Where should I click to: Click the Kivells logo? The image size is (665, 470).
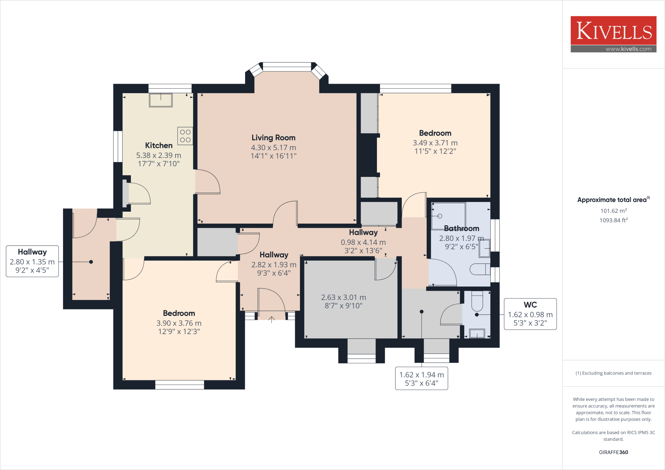point(613,31)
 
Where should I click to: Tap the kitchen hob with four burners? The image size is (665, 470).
point(185,136)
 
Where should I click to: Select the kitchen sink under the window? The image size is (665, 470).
point(161,100)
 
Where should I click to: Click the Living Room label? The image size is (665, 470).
point(273,138)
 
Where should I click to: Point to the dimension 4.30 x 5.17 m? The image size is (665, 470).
point(273,148)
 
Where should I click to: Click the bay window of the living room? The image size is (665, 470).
point(287,67)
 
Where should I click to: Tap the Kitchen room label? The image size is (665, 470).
point(159,145)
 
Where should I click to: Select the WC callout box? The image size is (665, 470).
point(530,314)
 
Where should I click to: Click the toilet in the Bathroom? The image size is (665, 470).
point(480,269)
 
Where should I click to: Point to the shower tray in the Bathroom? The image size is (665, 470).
point(448,215)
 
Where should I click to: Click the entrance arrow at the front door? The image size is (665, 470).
point(271,320)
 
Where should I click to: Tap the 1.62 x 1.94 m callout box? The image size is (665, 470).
point(421,378)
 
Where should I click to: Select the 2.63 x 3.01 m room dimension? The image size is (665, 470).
point(344,297)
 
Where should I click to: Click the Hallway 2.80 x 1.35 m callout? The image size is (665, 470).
point(32,261)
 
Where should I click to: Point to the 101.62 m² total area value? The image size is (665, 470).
point(613,211)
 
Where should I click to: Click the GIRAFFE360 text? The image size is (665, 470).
point(613,452)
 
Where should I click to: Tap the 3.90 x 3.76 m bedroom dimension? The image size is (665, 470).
point(179,323)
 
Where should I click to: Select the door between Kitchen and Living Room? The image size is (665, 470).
point(207,182)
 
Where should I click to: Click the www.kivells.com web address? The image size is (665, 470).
point(628,49)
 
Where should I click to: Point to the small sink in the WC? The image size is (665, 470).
point(477,333)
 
